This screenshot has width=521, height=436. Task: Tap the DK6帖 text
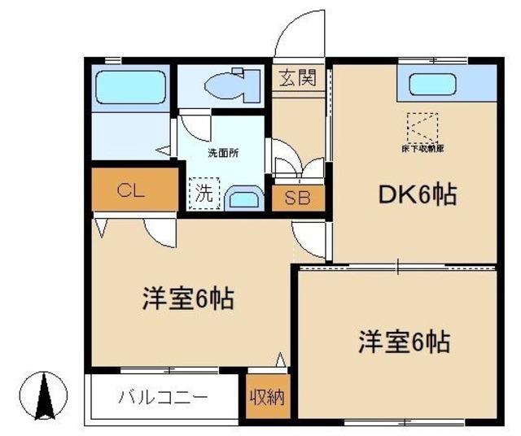pos(416,195)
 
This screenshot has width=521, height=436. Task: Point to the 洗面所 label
pos(222,152)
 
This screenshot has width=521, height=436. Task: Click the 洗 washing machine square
pos(205,194)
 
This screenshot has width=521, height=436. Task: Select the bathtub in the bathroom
pos(129,85)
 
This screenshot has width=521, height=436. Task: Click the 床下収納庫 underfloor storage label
pos(422,149)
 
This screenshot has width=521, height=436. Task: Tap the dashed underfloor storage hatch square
pos(422,127)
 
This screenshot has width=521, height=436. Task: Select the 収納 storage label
pos(266,398)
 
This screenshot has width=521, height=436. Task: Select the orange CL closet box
pos(134,190)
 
